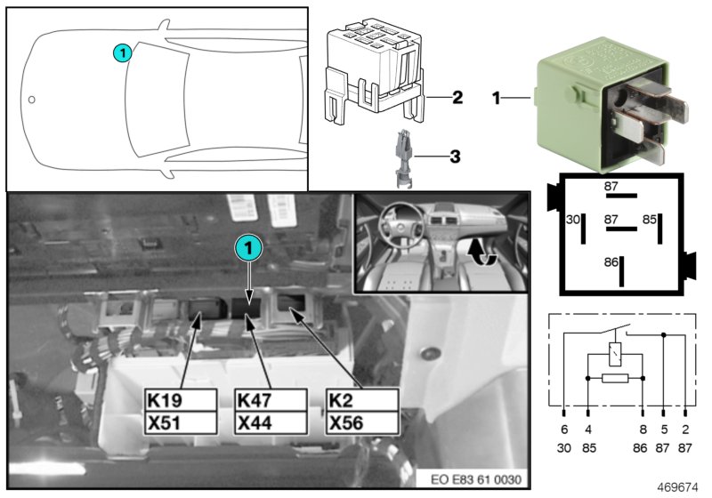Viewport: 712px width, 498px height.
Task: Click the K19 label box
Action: pyautogui.click(x=180, y=400)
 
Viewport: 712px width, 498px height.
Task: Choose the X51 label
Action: pyautogui.click(x=180, y=422)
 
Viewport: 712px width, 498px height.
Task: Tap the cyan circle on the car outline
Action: pyautogui.click(x=123, y=53)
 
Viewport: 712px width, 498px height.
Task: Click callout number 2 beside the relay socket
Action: pyautogui.click(x=457, y=97)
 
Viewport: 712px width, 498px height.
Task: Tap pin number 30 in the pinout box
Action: pyautogui.click(x=574, y=218)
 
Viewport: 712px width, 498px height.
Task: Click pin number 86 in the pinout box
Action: pyautogui.click(x=611, y=263)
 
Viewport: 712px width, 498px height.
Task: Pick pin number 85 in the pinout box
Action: pyautogui.click(x=650, y=218)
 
